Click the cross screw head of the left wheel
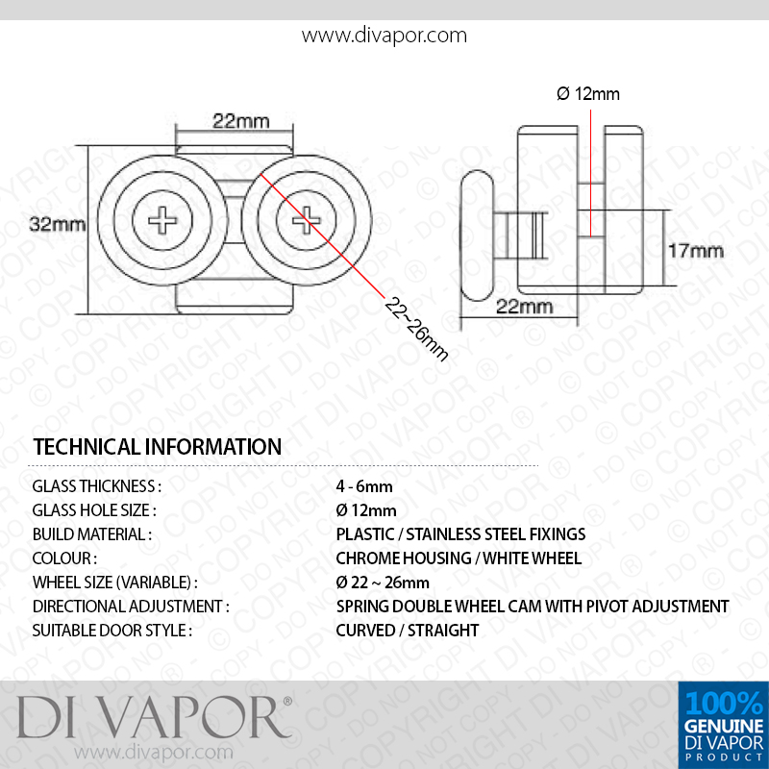tap(162, 220)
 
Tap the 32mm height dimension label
tap(58, 224)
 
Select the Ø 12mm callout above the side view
tap(588, 93)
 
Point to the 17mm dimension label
tap(696, 251)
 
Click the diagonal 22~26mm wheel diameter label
tap(416, 329)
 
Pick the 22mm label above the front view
tap(241, 121)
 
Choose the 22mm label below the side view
tap(524, 307)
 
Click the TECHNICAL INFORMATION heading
tap(158, 446)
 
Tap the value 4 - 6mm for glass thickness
tap(364, 486)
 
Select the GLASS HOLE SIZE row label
tap(94, 510)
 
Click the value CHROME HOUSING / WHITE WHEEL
tap(459, 558)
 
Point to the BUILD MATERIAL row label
tap(92, 534)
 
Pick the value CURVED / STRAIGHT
tap(407, 631)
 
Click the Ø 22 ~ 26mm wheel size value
tap(383, 583)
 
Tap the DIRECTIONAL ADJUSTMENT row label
tap(131, 607)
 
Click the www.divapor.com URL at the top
tap(384, 36)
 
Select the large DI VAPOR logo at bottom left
tap(154, 717)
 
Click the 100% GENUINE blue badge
tap(724, 725)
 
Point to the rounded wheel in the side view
tap(477, 236)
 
